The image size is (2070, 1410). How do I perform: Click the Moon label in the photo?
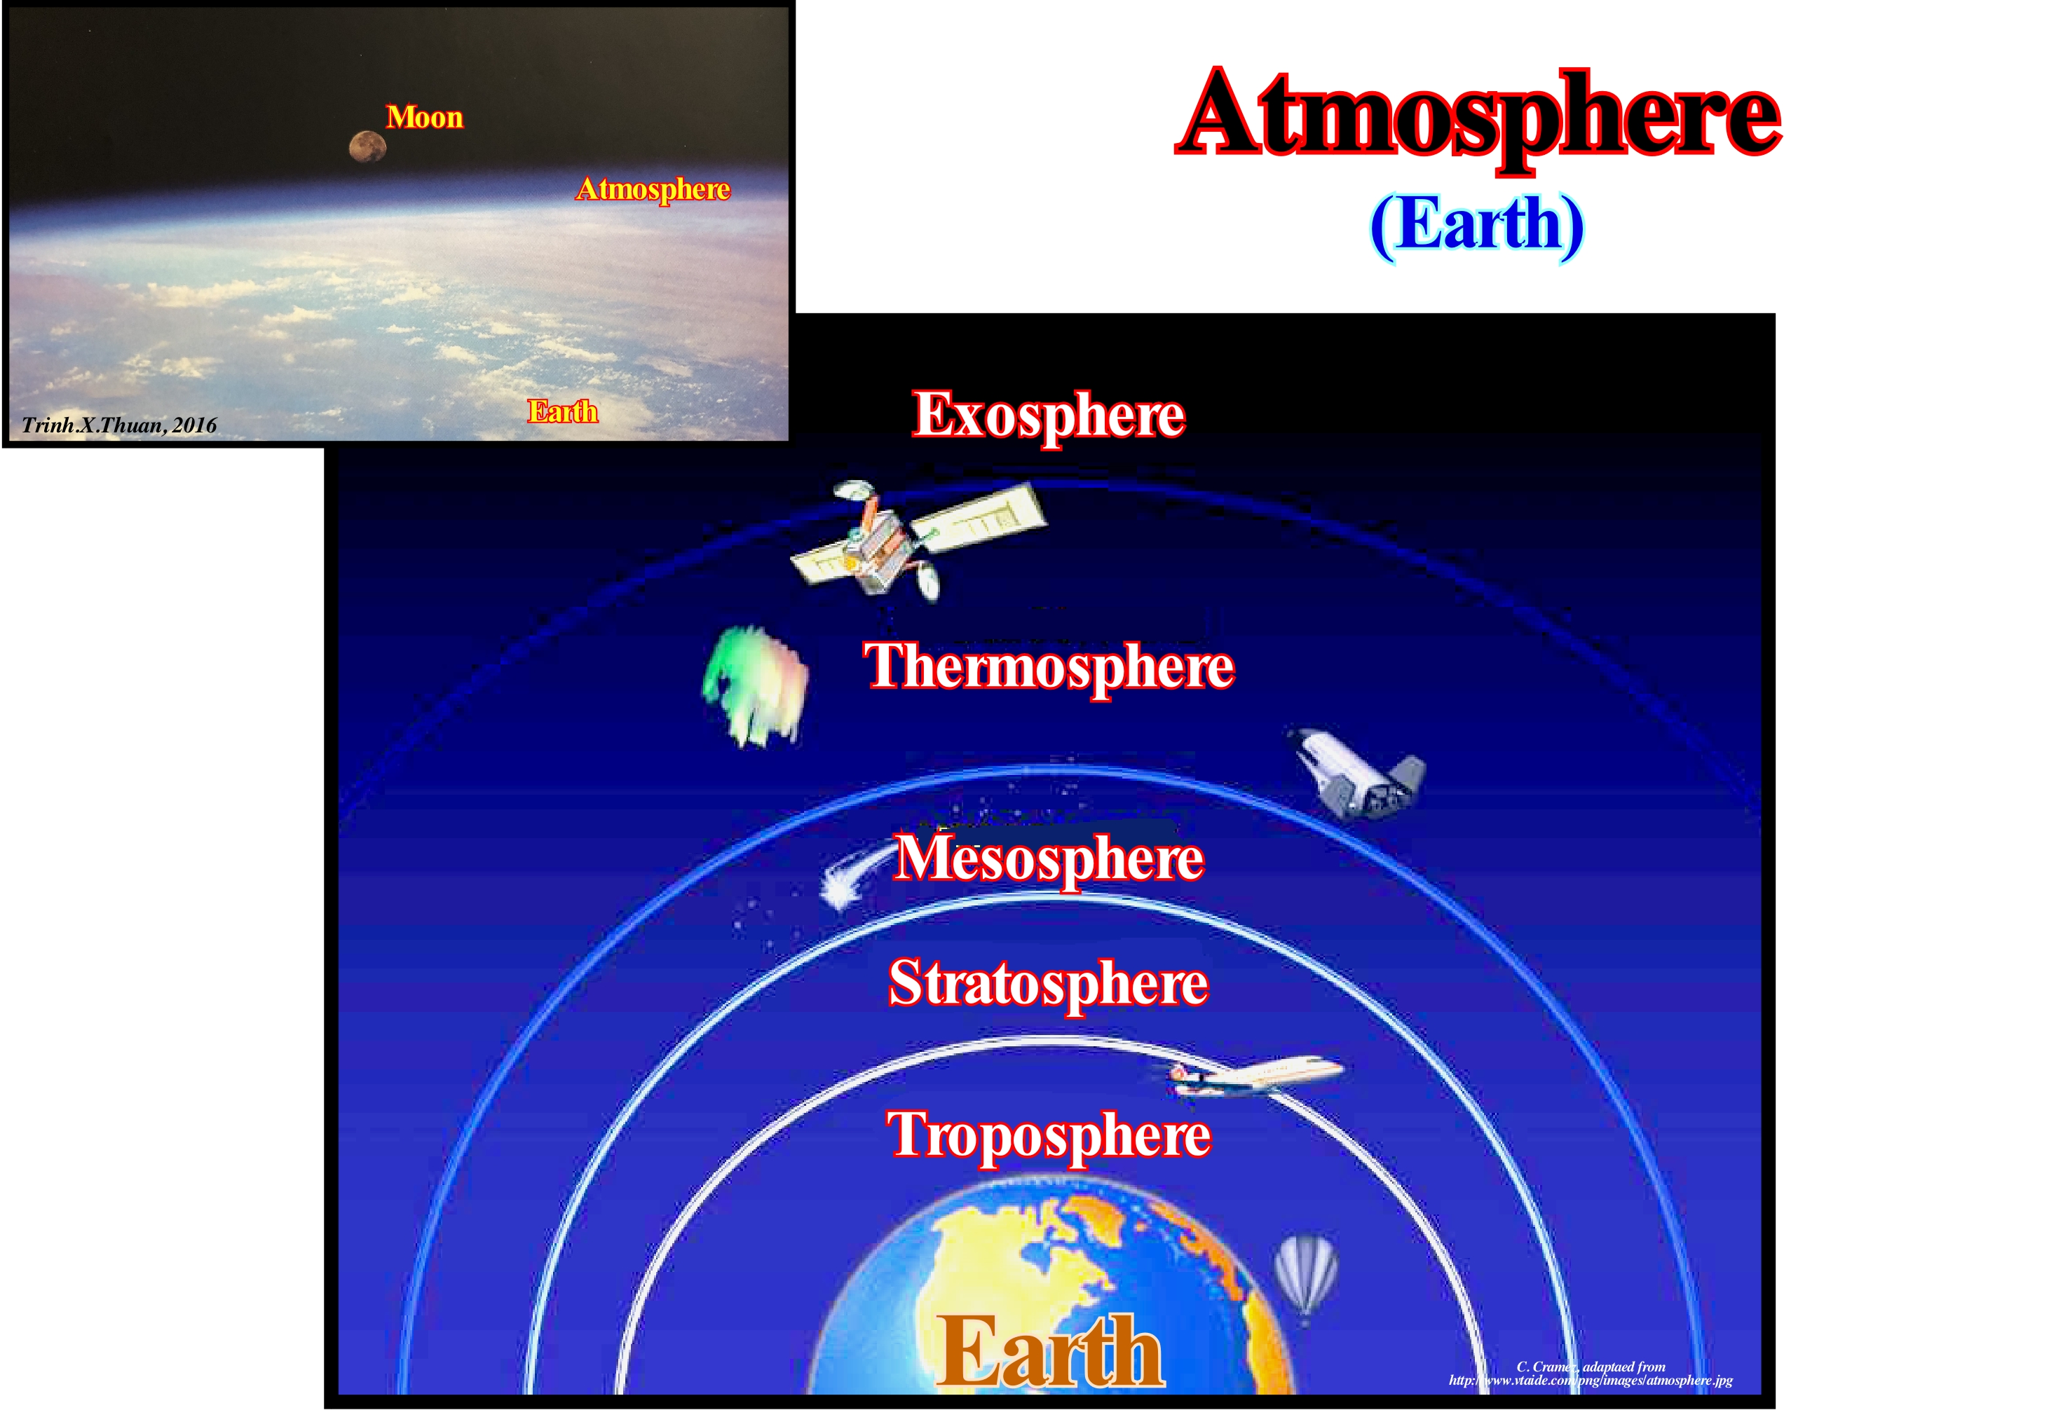(424, 117)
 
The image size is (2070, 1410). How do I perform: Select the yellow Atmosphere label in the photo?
(653, 189)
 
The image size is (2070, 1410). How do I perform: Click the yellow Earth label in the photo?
(562, 411)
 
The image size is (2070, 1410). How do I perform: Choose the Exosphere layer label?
(1049, 416)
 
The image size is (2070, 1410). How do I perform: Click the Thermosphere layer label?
(1049, 667)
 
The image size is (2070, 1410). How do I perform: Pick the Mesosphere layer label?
(1049, 858)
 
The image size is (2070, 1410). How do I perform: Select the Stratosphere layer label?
(1049, 984)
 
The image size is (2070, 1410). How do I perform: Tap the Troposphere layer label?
(1049, 1137)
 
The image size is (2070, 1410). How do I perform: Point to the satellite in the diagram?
(918, 539)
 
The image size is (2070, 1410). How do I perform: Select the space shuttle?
(1356, 772)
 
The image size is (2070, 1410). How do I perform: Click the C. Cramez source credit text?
(1591, 1374)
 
